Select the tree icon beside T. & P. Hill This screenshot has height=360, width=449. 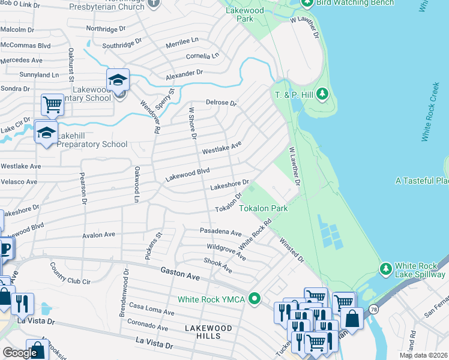(x=322, y=94)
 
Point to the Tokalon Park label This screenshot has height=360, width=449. (x=264, y=209)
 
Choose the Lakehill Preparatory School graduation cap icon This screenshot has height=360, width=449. (x=46, y=134)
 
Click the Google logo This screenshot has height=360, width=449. (x=20, y=353)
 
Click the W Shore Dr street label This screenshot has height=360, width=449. (x=193, y=123)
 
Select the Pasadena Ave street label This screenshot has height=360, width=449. (x=220, y=232)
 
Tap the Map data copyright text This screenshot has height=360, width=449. (x=423, y=355)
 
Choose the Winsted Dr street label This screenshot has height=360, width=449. (x=292, y=248)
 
